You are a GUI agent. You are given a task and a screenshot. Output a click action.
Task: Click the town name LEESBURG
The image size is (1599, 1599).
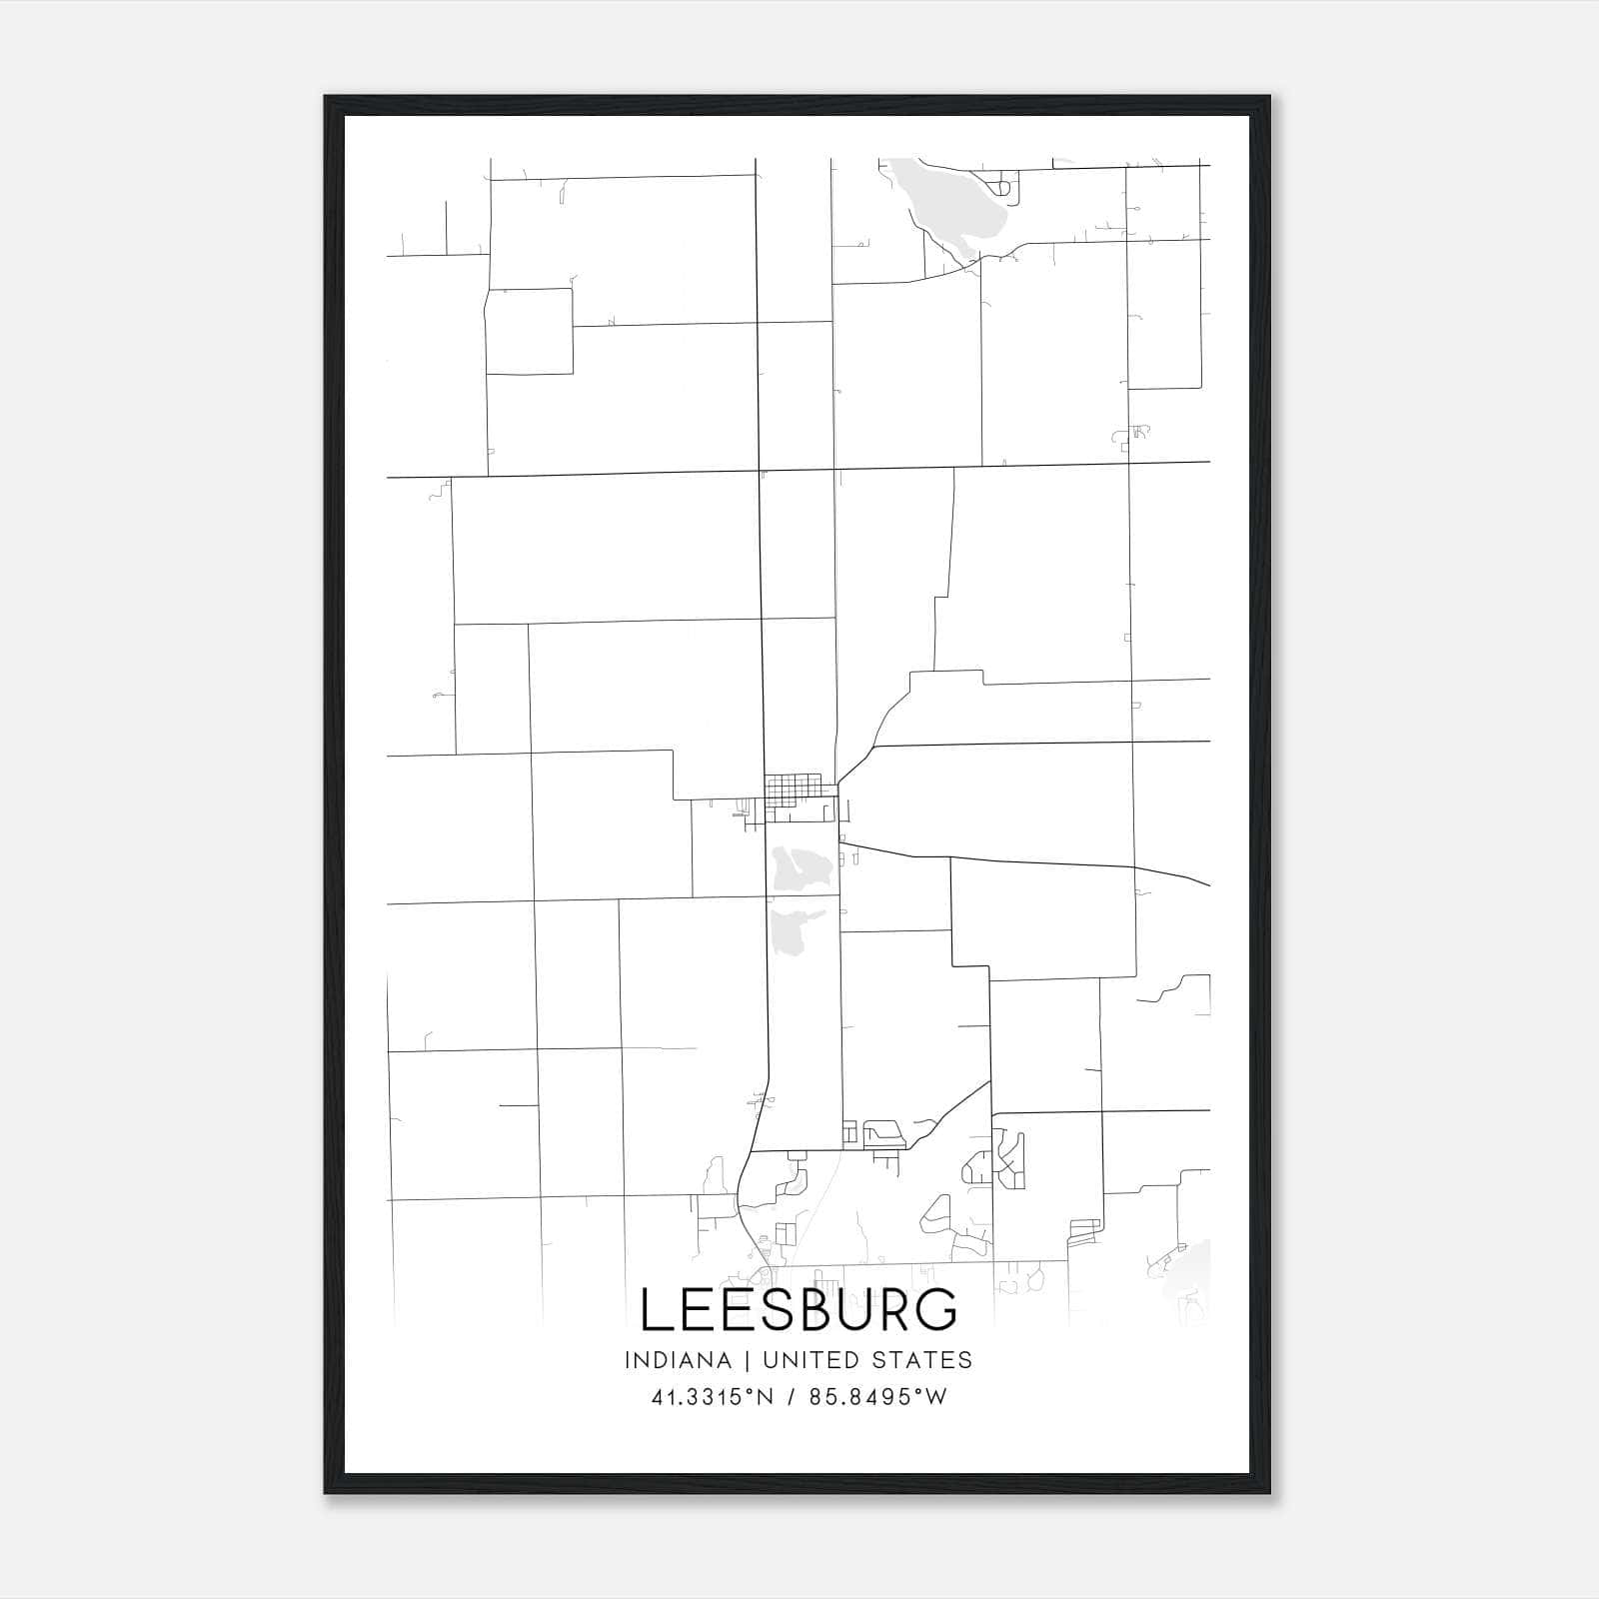pos(799,1310)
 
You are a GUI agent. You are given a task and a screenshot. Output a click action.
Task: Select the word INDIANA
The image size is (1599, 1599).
pos(677,1360)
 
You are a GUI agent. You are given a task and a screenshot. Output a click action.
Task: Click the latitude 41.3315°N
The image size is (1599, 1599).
pos(713,1397)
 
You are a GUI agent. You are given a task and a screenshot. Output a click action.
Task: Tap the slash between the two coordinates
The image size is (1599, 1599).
pos(792,1397)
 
